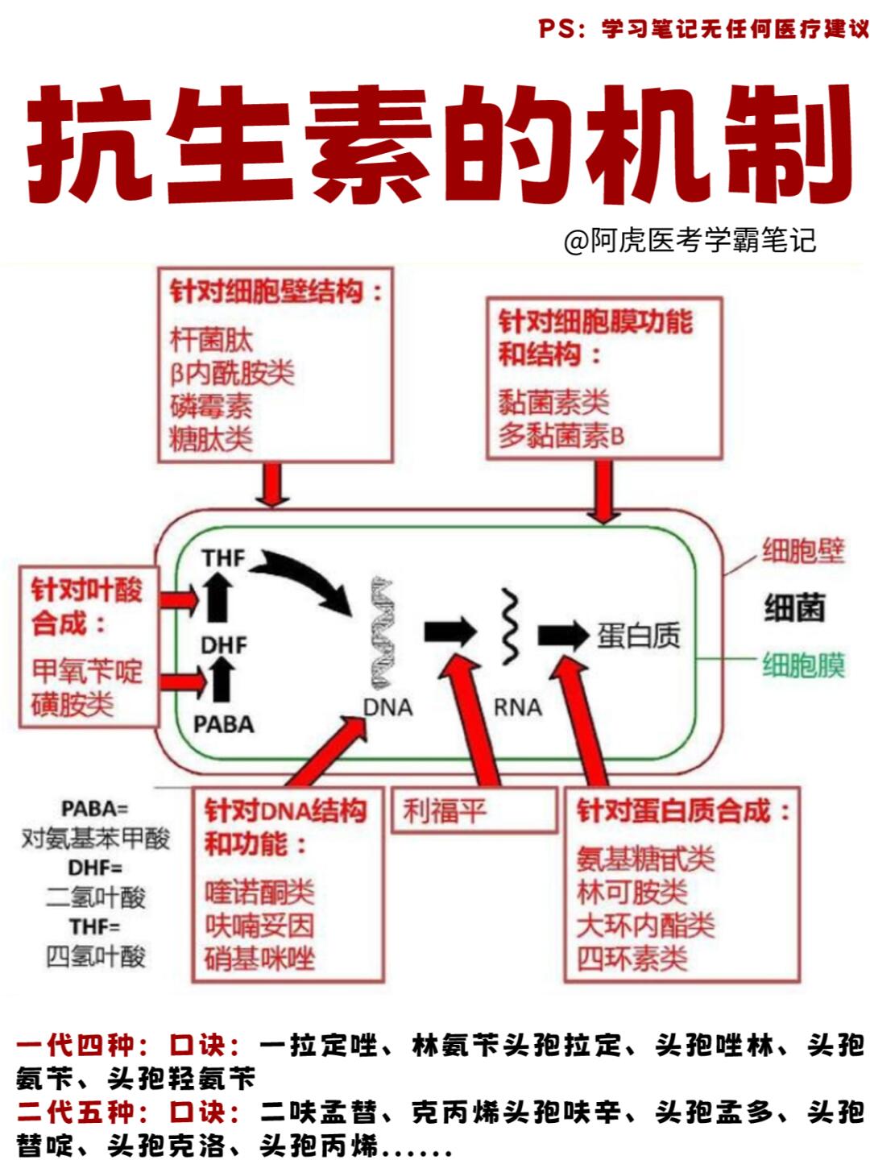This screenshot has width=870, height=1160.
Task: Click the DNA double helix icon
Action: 382,632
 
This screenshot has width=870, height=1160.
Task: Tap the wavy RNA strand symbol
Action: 509,628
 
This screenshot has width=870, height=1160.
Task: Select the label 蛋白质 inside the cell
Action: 638,636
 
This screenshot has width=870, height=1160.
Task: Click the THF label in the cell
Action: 223,557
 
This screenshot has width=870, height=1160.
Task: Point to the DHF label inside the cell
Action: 223,645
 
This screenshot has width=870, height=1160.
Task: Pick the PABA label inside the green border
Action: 223,724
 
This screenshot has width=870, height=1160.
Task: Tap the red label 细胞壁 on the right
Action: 802,552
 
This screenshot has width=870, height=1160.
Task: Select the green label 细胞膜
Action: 802,666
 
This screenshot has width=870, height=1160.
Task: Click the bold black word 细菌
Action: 794,608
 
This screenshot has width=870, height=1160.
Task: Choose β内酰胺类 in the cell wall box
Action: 232,373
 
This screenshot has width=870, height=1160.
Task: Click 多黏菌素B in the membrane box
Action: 561,436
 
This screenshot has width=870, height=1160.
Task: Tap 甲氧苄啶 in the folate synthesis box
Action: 87,670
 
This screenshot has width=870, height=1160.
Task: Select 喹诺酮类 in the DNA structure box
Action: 259,893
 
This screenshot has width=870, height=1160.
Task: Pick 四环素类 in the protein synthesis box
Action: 632,959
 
